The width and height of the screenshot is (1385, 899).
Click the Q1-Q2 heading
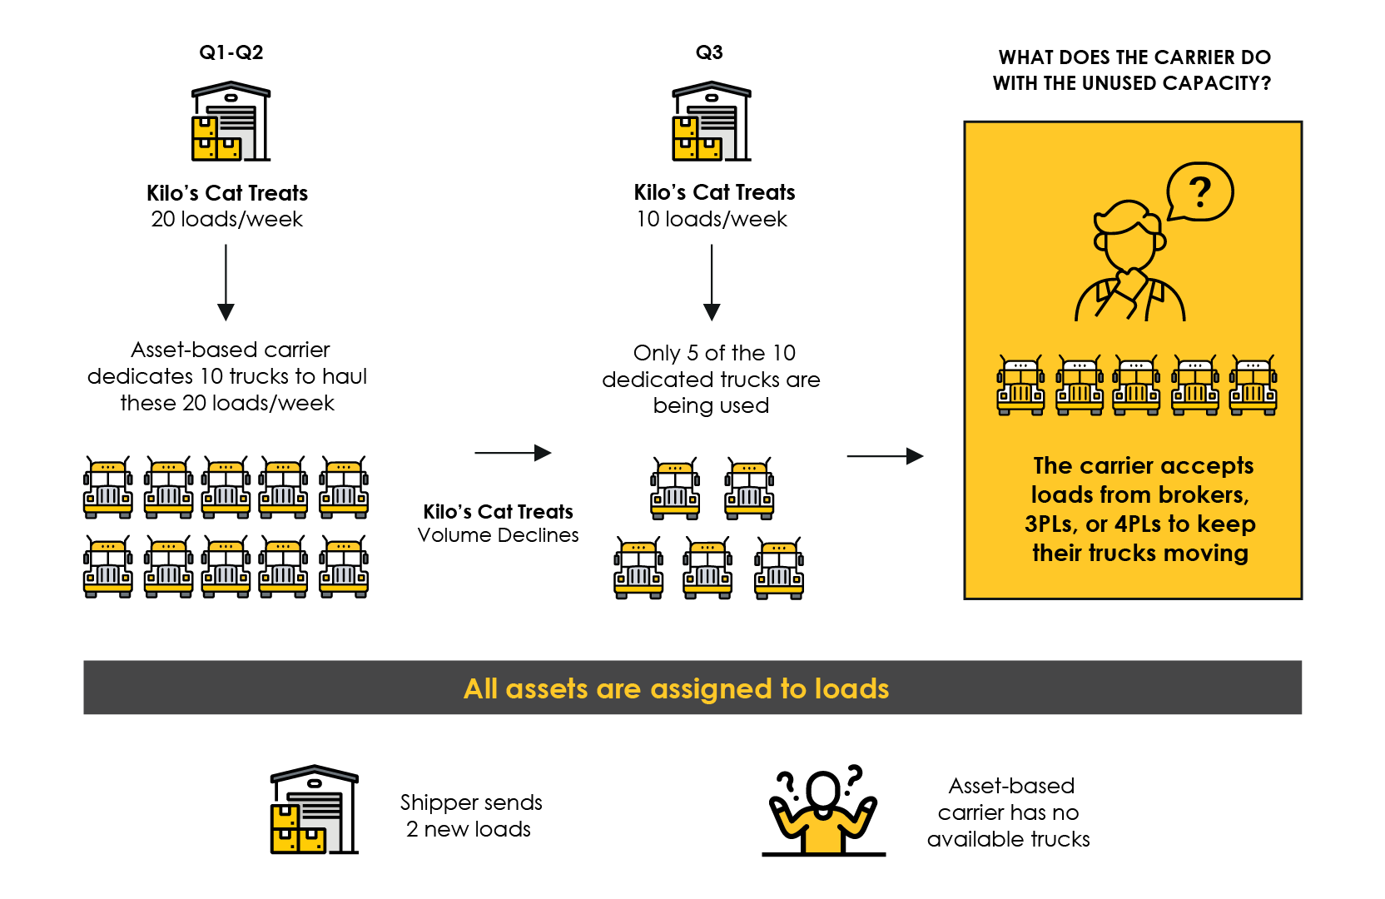coord(231,52)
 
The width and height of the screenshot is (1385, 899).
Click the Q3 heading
coord(709,52)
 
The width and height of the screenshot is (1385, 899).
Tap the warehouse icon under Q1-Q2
coord(231,122)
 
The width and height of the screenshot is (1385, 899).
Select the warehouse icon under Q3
coord(711,122)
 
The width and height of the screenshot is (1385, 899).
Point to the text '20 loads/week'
coord(226,219)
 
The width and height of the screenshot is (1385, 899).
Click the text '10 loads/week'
coord(712,219)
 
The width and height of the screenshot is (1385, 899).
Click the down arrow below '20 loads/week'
coord(226,283)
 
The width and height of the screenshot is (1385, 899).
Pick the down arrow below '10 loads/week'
coord(712,283)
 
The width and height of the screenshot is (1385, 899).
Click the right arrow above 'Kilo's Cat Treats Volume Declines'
coord(513,453)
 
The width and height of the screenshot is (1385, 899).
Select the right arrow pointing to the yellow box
coord(885,456)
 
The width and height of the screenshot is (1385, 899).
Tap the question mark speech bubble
coord(1199,192)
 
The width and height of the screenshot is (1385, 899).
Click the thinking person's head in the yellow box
coord(1128,236)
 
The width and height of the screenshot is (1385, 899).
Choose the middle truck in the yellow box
coord(1137,385)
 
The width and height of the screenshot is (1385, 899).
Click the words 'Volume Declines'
coord(498,535)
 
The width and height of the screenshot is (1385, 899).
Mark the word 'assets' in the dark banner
coord(547,689)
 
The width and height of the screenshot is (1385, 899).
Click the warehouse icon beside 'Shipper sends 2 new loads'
coord(314,810)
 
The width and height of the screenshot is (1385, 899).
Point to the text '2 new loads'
coord(469,829)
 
